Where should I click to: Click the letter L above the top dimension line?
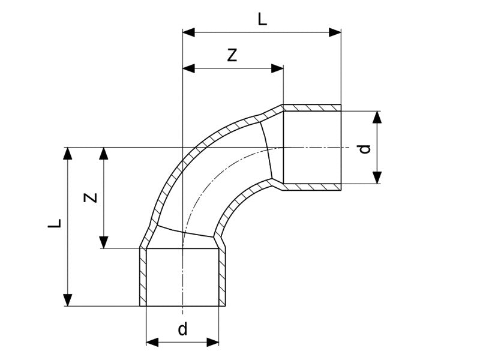pos(262,20)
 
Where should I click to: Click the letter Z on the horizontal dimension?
pos(233,56)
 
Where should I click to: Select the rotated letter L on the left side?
pos(55,224)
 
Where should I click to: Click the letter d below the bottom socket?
pos(182,329)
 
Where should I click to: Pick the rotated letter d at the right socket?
pos(364,148)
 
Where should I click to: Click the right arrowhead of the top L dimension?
pos(335,32)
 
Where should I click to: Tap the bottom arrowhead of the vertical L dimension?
pos(68,300)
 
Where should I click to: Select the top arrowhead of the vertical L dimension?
pos(68,153)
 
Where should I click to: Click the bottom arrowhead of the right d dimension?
pos(377,177)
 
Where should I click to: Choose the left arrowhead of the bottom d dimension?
pos(152,342)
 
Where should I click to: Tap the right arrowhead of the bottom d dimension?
pos(213,342)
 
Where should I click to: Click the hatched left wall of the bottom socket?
pos(143,276)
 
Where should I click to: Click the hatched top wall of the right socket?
pos(312,107)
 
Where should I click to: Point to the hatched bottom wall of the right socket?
pos(312,187)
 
